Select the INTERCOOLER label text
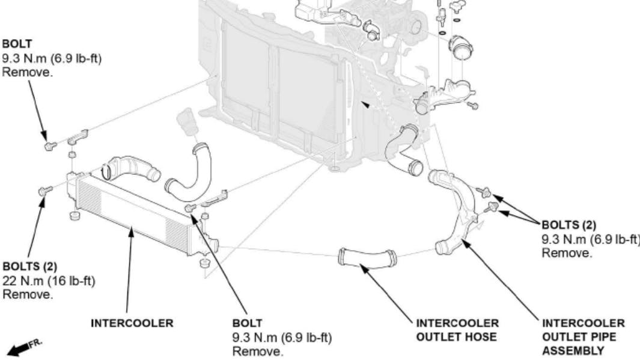click(132, 323)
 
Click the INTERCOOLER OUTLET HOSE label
click(456, 330)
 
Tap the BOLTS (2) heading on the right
click(568, 225)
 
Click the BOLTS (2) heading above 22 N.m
click(29, 266)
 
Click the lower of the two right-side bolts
click(492, 207)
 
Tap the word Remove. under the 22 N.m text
click(28, 294)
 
